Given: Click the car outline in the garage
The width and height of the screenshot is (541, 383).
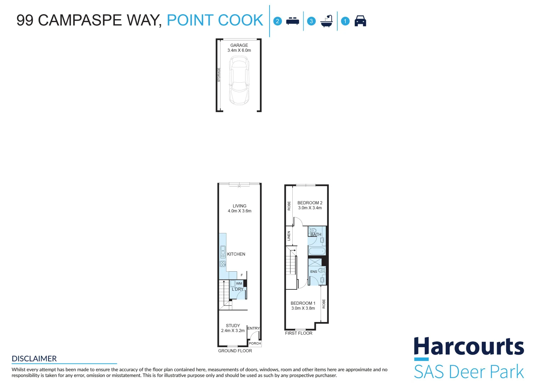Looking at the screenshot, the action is click(239, 80).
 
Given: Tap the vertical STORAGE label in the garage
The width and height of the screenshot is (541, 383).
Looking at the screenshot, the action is click(219, 75).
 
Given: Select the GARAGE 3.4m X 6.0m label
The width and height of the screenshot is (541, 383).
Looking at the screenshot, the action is click(239, 48).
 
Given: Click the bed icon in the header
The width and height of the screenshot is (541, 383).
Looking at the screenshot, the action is click(293, 21).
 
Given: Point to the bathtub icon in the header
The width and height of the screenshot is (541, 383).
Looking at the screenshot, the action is click(327, 21).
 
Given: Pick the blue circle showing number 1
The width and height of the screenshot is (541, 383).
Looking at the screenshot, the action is click(345, 21).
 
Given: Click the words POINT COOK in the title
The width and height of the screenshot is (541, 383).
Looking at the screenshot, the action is click(215, 20).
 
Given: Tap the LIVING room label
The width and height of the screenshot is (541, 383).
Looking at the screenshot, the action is click(239, 209).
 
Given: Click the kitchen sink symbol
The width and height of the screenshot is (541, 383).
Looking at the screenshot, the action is click(223, 252).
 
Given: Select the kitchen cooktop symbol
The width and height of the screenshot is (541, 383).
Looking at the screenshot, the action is click(223, 264).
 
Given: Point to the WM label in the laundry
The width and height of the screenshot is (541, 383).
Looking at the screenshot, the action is click(239, 283).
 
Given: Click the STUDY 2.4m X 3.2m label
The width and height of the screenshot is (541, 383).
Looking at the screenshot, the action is click(233, 328).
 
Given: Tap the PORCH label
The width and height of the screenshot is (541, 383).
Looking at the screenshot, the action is click(255, 343).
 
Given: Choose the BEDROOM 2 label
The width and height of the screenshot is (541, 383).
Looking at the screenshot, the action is click(310, 205).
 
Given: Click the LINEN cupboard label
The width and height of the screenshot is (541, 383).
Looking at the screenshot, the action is click(289, 236).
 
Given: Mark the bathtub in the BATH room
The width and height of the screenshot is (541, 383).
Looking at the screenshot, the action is click(317, 251).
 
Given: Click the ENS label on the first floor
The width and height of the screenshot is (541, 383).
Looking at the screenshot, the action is click(314, 272).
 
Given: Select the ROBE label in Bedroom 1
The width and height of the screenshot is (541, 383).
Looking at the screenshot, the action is click(324, 304).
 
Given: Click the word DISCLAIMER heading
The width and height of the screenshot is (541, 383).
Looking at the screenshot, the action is click(34, 359).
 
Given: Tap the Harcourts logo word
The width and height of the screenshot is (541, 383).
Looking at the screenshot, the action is click(469, 346).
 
